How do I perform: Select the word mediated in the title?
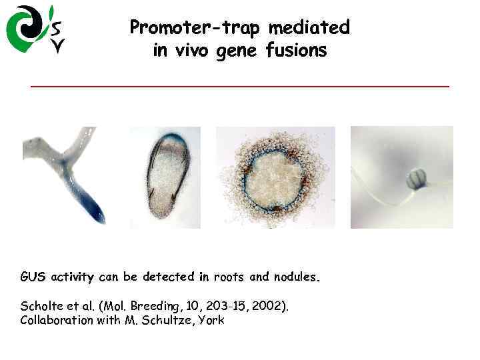tap(308, 27)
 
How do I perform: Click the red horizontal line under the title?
tap(240, 87)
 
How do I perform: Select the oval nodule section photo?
tap(168, 177)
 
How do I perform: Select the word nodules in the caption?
tap(297, 277)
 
